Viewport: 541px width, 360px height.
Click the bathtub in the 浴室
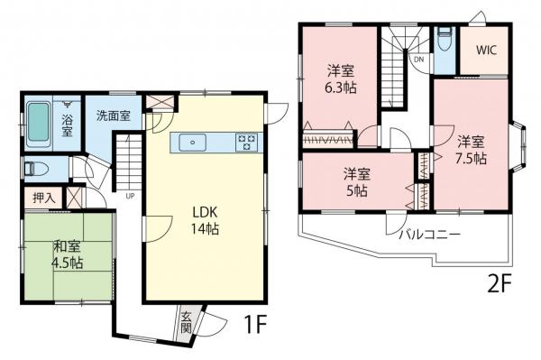(38, 122)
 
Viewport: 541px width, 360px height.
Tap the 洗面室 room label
(114, 115)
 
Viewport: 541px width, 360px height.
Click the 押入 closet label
(44, 198)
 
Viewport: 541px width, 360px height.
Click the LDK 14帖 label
(205, 220)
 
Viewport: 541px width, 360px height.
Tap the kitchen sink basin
(193, 143)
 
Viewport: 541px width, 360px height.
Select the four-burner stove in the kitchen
(246, 143)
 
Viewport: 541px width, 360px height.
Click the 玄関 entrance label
(186, 322)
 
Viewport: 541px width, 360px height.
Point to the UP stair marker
(130, 197)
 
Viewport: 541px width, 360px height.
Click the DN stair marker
(418, 60)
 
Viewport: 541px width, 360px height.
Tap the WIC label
(487, 51)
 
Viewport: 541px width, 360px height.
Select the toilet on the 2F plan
(444, 40)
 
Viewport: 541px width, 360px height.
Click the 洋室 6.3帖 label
(340, 79)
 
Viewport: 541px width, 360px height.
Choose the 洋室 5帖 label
(357, 182)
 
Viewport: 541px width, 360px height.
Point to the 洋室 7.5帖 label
(471, 150)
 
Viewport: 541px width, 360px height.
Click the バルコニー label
(430, 235)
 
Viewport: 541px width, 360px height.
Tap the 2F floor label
(499, 284)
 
